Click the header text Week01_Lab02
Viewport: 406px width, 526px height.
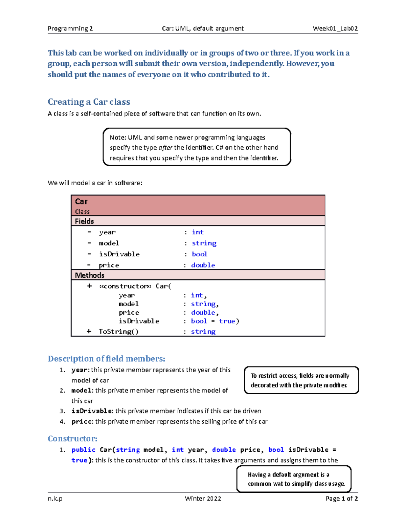click(x=335, y=28)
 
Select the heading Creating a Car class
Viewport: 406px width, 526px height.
click(x=89, y=102)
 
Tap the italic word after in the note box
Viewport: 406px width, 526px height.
click(x=165, y=148)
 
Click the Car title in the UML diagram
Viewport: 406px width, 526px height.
click(x=81, y=202)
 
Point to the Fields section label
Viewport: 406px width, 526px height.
click(x=84, y=221)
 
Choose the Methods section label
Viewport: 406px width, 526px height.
click(x=90, y=275)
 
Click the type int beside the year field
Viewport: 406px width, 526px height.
click(x=198, y=232)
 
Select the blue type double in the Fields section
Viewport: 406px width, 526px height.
click(x=203, y=265)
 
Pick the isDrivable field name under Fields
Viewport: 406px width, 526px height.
click(x=119, y=254)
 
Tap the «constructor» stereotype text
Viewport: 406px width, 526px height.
click(x=125, y=286)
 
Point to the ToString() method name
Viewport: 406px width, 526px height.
click(x=118, y=331)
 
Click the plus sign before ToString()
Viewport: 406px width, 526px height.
click(x=89, y=331)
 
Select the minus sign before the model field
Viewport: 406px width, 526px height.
click(x=89, y=243)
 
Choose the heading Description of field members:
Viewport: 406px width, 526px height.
click(x=107, y=359)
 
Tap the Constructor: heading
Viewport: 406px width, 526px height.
click(x=72, y=439)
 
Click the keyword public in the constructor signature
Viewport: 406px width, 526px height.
click(x=84, y=450)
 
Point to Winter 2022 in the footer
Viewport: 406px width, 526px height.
click(x=203, y=499)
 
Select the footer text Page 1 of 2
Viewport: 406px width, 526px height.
click(x=341, y=499)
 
